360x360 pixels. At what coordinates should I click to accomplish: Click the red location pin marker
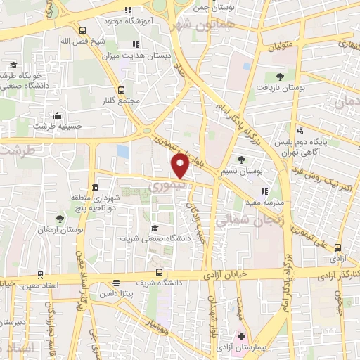[180, 166]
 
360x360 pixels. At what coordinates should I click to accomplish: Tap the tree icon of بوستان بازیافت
[280, 75]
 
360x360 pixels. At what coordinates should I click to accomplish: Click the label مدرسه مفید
[264, 201]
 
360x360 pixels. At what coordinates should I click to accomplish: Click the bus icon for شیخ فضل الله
[83, 30]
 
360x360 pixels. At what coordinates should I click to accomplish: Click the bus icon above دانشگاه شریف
[157, 273]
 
